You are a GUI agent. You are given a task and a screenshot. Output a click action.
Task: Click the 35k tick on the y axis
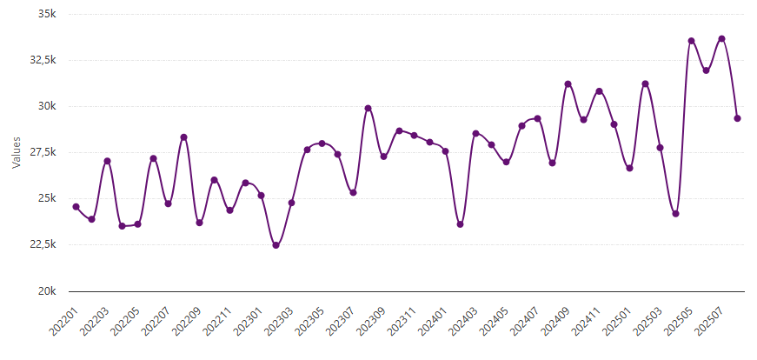pos(47,15)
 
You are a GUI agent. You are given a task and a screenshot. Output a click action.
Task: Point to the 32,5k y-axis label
pos(43,61)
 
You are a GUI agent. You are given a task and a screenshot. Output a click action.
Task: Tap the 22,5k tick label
pos(43,244)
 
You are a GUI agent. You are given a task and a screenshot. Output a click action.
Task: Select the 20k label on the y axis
pos(47,290)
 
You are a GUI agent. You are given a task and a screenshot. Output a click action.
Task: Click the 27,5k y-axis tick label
pos(43,152)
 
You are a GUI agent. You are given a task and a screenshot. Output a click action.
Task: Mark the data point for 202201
pos(76,207)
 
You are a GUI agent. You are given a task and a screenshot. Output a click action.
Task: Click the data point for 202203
pos(107,161)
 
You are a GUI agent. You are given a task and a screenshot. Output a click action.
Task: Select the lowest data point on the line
pos(276,245)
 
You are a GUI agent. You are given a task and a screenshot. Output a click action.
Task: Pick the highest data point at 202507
pos(722,38)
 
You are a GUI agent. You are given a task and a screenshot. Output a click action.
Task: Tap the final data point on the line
pos(737,118)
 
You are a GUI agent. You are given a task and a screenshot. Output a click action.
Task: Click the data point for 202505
pos(692,41)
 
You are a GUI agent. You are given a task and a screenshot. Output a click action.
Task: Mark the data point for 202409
pos(568,84)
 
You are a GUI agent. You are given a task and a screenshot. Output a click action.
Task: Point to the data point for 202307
pos(353,192)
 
